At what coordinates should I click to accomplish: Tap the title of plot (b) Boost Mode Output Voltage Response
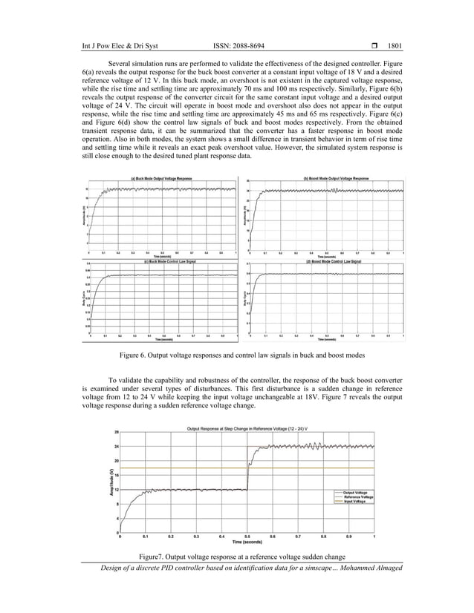pyautogui.click(x=337, y=178)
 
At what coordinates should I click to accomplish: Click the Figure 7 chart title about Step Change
pyautogui.click(x=247, y=429)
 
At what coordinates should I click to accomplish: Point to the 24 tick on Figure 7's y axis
pyautogui.click(x=117, y=447)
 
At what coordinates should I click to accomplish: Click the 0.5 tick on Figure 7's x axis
pyautogui.click(x=247, y=535)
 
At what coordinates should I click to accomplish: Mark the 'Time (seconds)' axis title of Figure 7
pyautogui.click(x=247, y=542)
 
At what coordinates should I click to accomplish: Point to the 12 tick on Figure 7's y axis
pyautogui.click(x=117, y=489)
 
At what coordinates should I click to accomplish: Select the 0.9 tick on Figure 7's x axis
pyautogui.click(x=348, y=535)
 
